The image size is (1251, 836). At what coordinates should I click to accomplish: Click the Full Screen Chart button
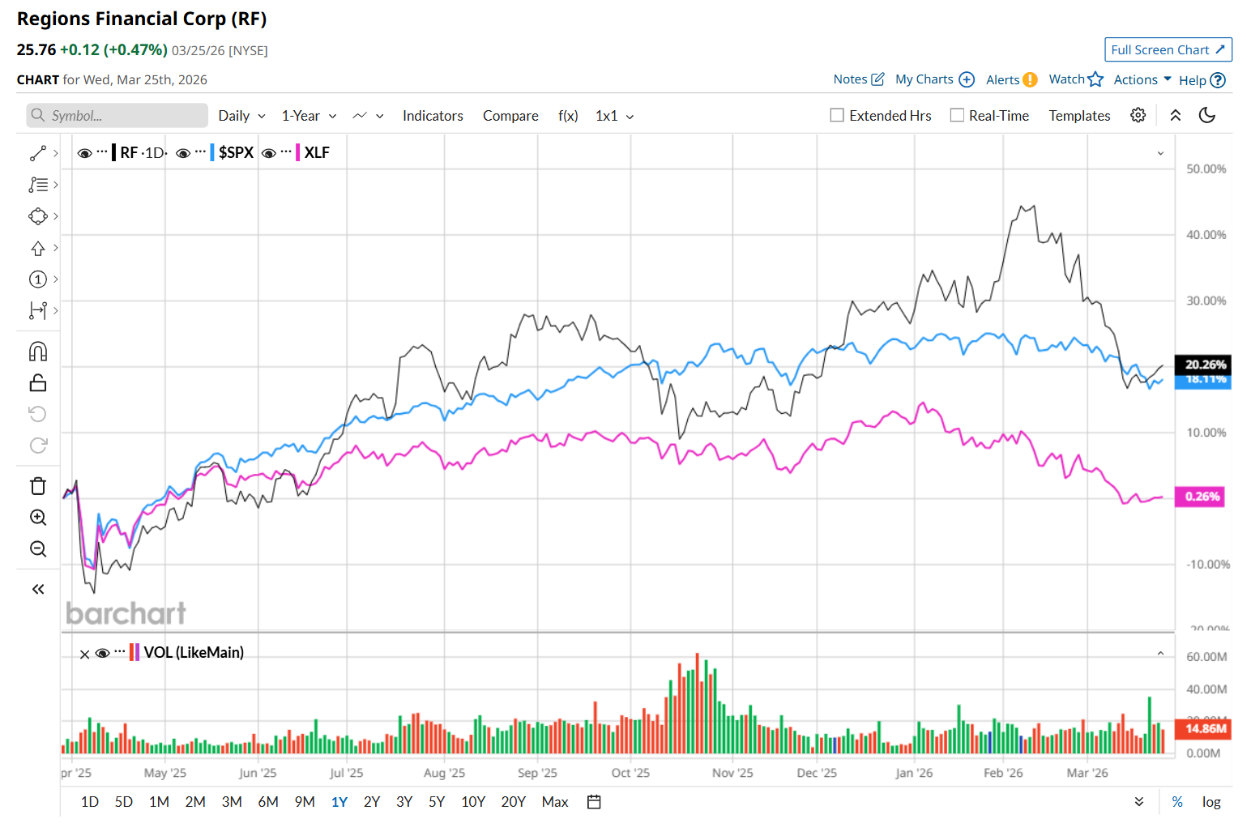coord(1168,49)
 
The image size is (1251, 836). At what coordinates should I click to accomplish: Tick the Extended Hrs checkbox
coord(837,116)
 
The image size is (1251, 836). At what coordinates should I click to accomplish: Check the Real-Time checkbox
coord(957,116)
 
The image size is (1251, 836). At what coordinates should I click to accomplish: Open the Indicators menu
coord(433,116)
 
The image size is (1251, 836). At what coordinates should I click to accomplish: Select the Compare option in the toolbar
coord(510,116)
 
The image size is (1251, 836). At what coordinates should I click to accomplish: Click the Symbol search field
coord(117,116)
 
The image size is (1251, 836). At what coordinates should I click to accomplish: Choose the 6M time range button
coord(268,802)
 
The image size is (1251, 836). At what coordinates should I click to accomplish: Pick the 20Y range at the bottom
coord(513,802)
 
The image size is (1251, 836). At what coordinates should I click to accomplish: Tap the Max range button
coord(555,802)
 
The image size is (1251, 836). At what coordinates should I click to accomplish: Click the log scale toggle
coord(1211,802)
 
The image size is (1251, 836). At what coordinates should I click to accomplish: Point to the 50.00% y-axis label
coord(1206,169)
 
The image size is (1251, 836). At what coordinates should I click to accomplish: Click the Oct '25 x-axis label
coord(630,773)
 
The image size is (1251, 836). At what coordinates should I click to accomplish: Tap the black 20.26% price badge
coord(1205,365)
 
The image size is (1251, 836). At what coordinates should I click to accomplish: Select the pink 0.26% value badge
coord(1202,497)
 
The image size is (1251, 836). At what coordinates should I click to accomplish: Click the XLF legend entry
coord(317,152)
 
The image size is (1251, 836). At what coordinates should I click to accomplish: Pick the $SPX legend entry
coord(236,152)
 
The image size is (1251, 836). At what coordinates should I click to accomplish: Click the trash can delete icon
coord(38,486)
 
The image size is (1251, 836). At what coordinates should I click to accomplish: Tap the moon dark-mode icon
coord(1207,116)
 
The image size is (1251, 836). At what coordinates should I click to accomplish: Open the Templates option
coord(1079,116)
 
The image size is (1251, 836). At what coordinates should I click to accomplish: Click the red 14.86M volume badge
coord(1205,729)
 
